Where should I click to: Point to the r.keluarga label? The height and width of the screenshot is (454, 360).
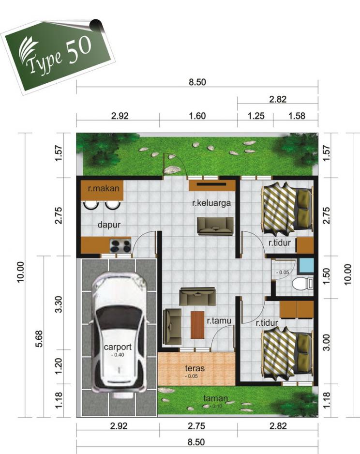pyautogui.click(x=211, y=204)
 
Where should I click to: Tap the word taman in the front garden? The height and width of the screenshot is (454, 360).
pyautogui.click(x=215, y=399)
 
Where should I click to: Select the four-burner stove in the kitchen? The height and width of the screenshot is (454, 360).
pyautogui.click(x=120, y=246)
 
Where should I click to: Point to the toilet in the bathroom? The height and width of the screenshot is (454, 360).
pyautogui.click(x=304, y=283)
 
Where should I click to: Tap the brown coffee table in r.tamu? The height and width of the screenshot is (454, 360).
pyautogui.click(x=197, y=324)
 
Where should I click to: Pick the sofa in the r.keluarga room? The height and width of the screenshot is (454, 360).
pyautogui.click(x=215, y=226)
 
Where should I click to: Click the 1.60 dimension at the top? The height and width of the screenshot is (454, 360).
pyautogui.click(x=197, y=116)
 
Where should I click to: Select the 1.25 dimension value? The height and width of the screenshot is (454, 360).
pyautogui.click(x=255, y=116)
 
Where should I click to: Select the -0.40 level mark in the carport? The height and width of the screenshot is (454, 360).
pyautogui.click(x=118, y=355)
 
